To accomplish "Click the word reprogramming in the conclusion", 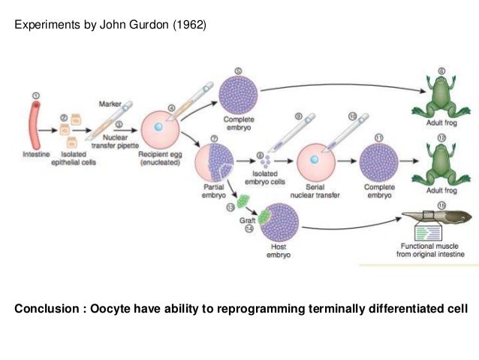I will click(x=289, y=309).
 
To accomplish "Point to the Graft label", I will click(x=245, y=222).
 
